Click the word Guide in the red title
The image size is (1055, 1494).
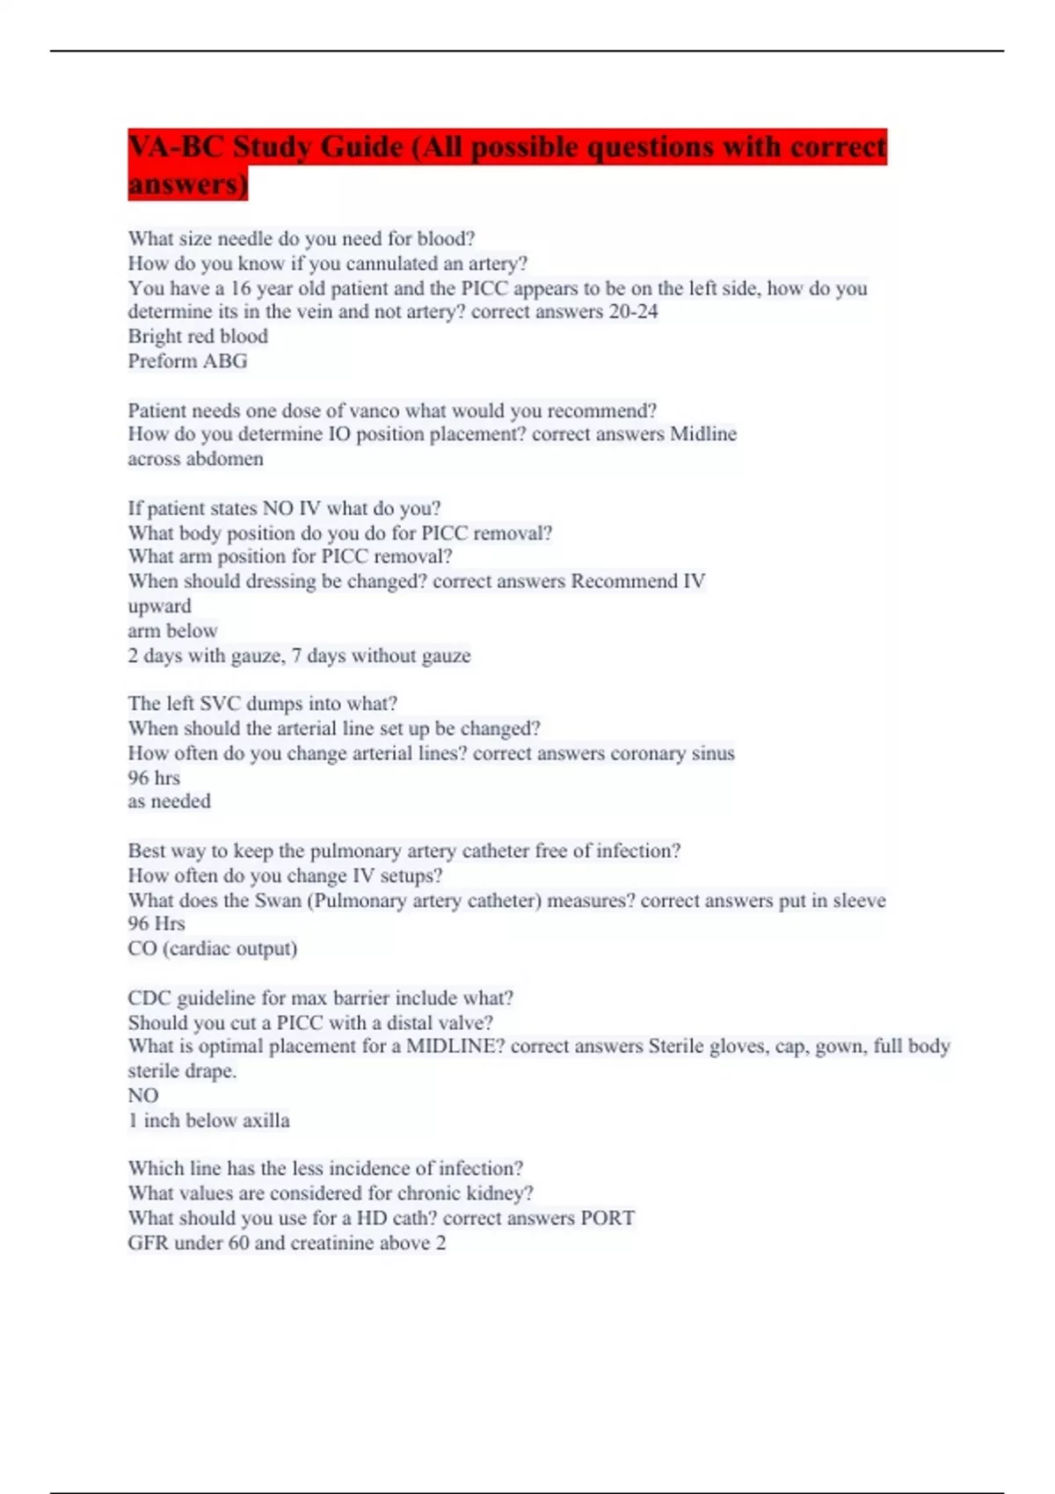click(361, 147)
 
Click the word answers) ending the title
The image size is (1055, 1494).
click(187, 185)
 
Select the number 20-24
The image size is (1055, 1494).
click(633, 312)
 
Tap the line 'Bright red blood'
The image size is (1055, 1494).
click(198, 337)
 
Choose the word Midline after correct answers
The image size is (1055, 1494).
click(703, 434)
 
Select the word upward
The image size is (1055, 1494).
click(159, 606)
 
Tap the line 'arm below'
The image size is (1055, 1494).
click(172, 631)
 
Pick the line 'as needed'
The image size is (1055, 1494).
click(169, 801)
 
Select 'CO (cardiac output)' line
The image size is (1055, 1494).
click(212, 949)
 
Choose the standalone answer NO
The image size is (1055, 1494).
click(143, 1096)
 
